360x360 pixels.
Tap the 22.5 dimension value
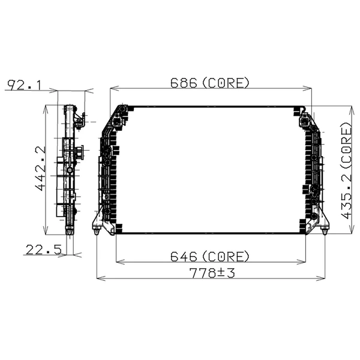point(44,249)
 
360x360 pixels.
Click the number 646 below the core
point(184,256)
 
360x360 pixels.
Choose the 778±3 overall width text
point(211,274)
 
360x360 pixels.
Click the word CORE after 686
point(226,83)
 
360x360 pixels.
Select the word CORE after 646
point(226,256)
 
